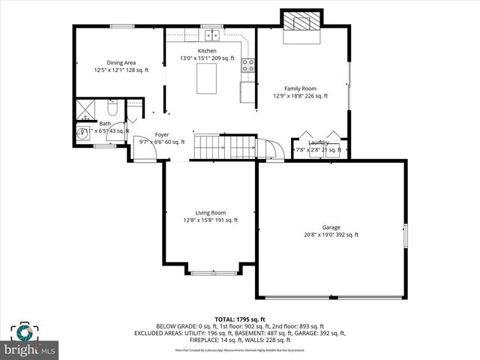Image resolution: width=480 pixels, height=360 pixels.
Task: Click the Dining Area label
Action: click(121, 63)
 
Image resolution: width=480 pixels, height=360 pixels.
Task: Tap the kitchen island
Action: click(206, 79)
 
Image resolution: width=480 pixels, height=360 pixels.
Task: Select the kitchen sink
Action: click(212, 34)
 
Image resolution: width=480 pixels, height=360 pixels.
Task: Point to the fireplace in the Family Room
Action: click(301, 23)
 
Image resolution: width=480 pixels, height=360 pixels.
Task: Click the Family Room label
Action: click(300, 88)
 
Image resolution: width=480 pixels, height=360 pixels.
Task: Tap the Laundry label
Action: click(319, 142)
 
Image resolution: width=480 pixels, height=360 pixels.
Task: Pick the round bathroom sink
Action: click(83, 135)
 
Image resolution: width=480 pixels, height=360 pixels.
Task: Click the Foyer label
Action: click(161, 134)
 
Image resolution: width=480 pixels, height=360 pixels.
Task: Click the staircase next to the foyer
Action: click(225, 147)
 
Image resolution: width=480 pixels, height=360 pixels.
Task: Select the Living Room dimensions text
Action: click(210, 220)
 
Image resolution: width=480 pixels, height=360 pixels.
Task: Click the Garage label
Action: click(331, 227)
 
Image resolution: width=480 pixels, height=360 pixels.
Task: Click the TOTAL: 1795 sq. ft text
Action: click(240, 319)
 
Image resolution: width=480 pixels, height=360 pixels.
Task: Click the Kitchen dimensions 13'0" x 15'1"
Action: click(207, 58)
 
